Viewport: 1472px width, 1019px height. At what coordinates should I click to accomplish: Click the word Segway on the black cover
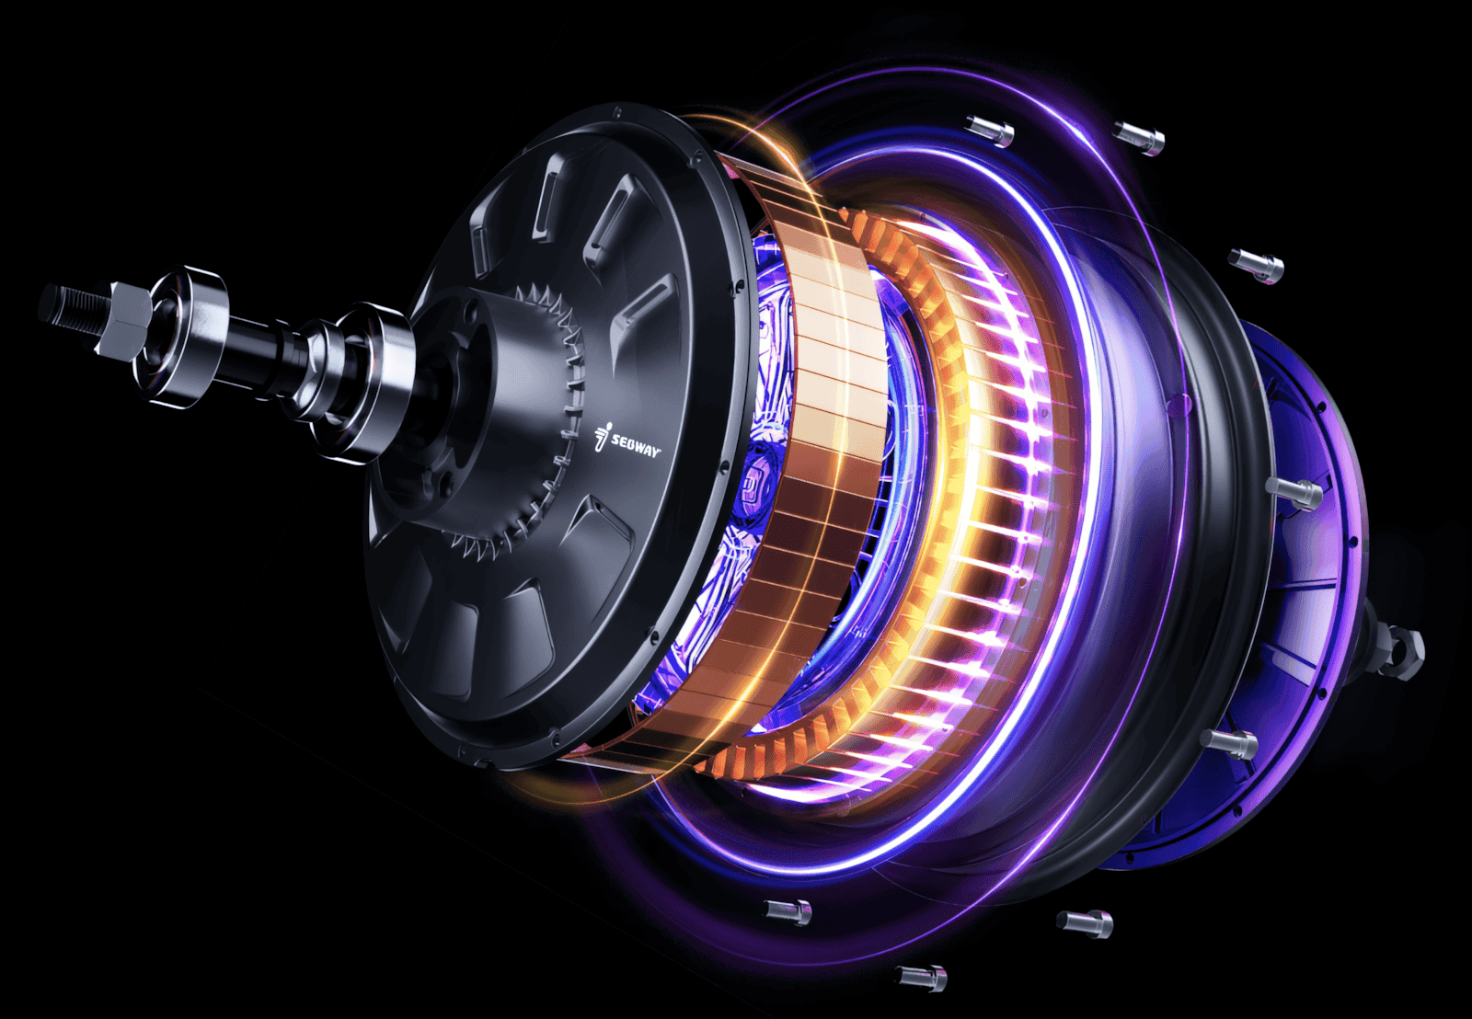pyautogui.click(x=636, y=446)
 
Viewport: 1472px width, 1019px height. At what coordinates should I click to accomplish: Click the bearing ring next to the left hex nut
pyautogui.click(x=189, y=336)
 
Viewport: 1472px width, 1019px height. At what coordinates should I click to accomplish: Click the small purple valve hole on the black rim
pyautogui.click(x=1175, y=403)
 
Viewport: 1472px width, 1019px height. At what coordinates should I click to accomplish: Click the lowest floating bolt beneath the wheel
pyautogui.click(x=922, y=977)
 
